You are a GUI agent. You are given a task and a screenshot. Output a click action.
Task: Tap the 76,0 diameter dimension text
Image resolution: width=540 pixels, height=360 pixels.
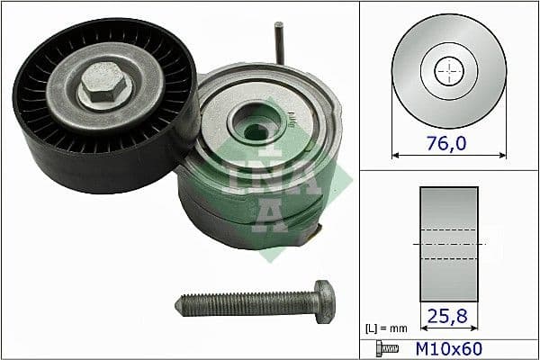[x=448, y=141]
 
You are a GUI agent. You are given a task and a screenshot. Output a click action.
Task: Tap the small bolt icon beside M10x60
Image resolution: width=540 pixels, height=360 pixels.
[x=383, y=347]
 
